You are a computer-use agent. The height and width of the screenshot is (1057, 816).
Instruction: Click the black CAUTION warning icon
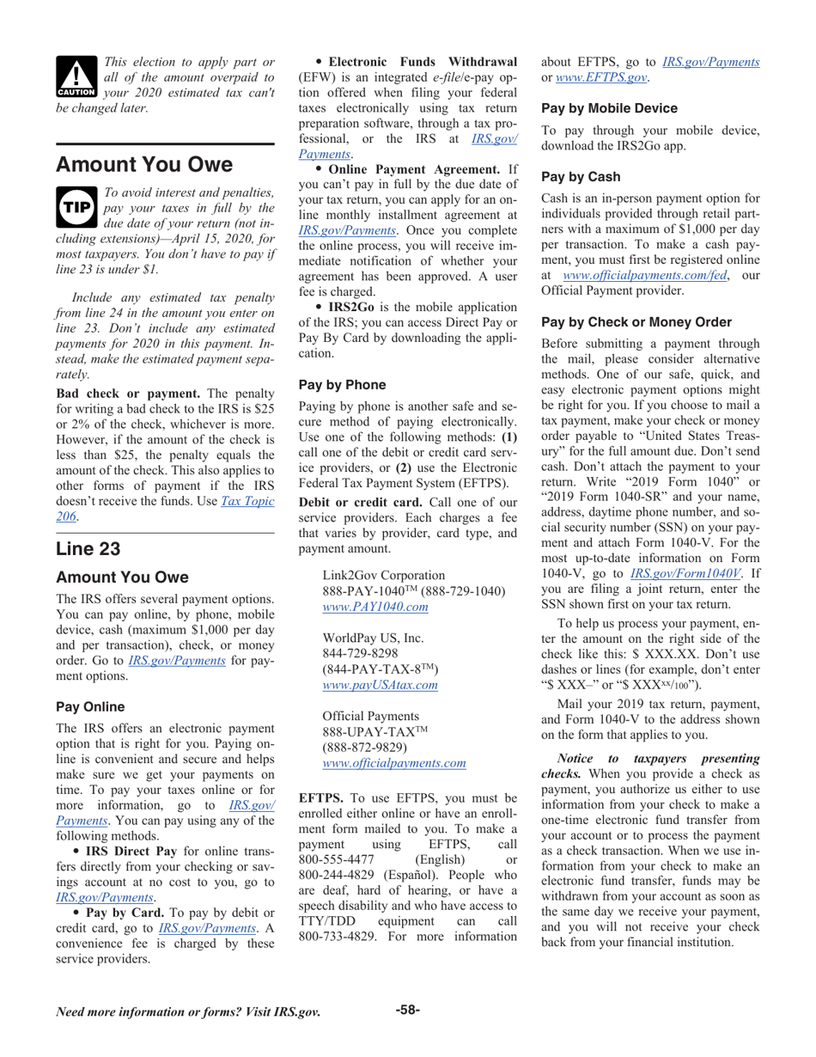point(77,76)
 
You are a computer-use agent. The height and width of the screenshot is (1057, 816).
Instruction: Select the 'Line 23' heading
point(88,548)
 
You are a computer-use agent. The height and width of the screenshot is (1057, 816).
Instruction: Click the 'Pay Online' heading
point(90,706)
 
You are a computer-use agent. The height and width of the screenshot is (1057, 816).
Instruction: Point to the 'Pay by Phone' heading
point(342,385)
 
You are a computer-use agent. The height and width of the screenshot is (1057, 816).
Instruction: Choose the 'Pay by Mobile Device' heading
point(609,108)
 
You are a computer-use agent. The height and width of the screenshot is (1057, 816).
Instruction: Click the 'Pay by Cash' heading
point(581,176)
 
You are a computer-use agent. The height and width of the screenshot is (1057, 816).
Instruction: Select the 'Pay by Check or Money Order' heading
point(636,322)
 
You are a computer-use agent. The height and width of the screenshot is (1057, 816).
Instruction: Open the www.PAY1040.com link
point(375,607)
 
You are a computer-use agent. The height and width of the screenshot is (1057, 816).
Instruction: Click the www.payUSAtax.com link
point(380,685)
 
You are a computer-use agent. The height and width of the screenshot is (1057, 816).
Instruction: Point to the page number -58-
point(407,1009)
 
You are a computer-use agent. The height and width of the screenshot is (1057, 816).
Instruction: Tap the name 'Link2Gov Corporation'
point(383,575)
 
